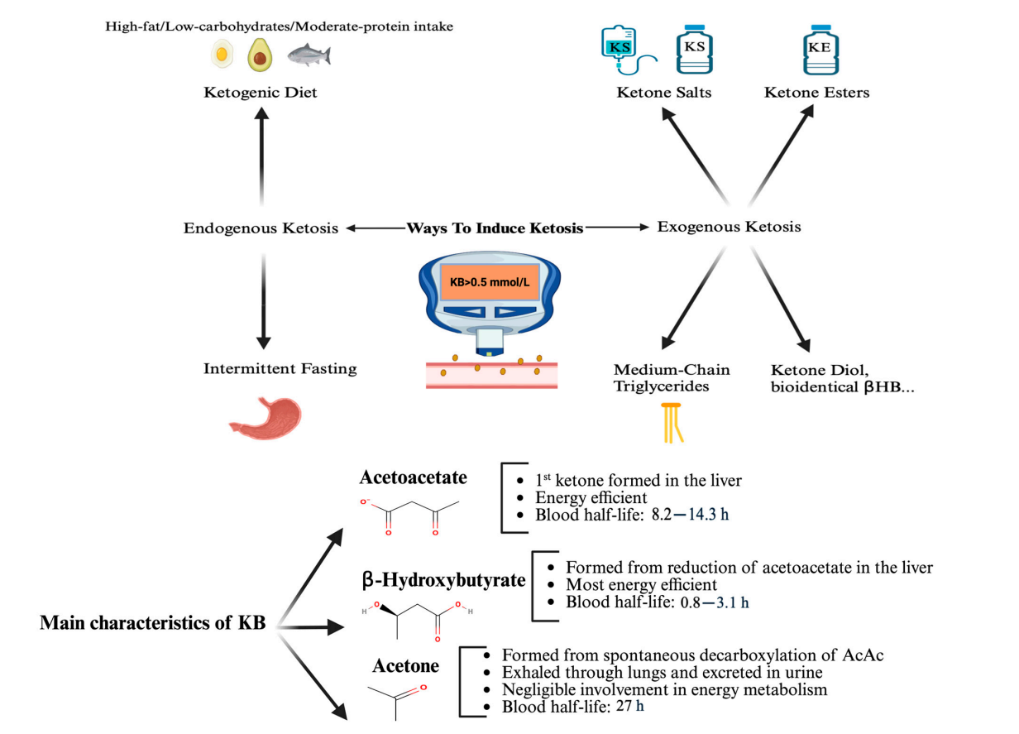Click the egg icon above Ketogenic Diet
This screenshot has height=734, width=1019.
tap(222, 56)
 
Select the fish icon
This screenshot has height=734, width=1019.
tap(308, 56)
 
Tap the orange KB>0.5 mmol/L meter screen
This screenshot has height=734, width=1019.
tap(490, 282)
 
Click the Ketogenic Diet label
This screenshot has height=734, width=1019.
tap(261, 93)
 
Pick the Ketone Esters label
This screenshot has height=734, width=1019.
tap(816, 93)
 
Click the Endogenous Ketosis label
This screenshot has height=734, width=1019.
tap(261, 228)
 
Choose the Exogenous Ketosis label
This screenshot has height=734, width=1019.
tap(729, 226)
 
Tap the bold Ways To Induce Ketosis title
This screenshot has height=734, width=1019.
tap(495, 227)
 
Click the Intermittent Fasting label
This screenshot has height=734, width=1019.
tap(280, 369)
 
